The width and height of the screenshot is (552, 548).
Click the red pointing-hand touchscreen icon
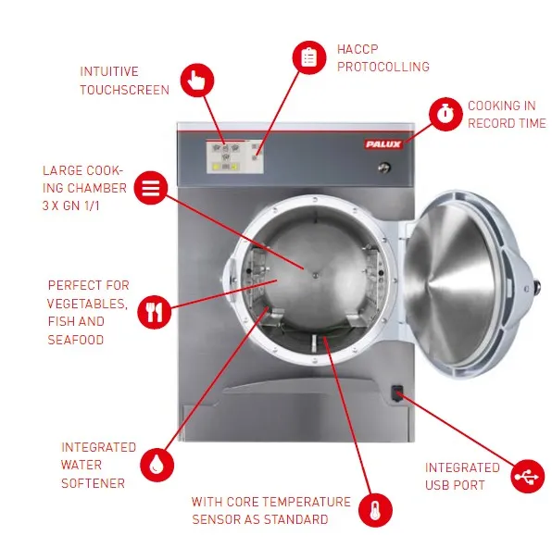click(x=197, y=81)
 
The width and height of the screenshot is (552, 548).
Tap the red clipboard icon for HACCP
click(x=309, y=57)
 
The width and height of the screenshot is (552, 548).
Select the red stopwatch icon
click(x=445, y=114)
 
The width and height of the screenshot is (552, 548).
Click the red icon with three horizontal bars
click(x=151, y=188)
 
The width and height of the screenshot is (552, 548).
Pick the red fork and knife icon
click(x=154, y=312)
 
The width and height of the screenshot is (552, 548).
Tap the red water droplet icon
click(x=157, y=465)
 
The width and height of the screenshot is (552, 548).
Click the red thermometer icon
click(x=375, y=510)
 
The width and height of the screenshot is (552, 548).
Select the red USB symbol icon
click(x=527, y=476)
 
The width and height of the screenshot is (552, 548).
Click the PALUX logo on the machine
click(x=383, y=144)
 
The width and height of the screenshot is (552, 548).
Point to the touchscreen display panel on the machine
click(x=235, y=156)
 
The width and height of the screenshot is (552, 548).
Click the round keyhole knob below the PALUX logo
click(x=384, y=168)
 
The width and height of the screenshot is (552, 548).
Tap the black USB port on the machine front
click(x=397, y=393)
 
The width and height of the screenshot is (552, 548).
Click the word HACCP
click(x=358, y=49)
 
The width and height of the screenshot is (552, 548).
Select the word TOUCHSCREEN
click(x=125, y=90)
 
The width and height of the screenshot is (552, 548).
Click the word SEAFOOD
click(x=76, y=340)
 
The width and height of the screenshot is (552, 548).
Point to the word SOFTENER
click(x=93, y=483)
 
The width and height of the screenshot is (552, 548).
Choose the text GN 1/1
click(x=81, y=205)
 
